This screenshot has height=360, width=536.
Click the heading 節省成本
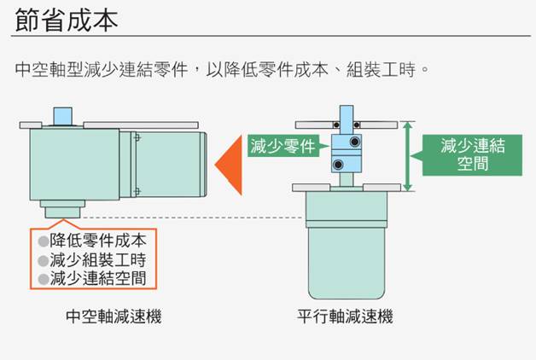coord(67,20)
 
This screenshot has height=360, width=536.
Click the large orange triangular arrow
coord(230,165)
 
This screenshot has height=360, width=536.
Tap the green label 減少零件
coord(283,146)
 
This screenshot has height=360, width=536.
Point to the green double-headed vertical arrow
coord(407,156)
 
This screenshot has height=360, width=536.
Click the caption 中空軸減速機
coord(114,316)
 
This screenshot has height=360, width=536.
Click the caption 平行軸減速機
coord(346,316)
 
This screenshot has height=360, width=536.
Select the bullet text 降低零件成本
coord(98,241)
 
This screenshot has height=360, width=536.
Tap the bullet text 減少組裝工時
coord(98,260)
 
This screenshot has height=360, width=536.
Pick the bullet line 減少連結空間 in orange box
coord(98,278)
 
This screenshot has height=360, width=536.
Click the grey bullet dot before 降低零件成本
coord(44,241)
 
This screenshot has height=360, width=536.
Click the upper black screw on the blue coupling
coord(355,141)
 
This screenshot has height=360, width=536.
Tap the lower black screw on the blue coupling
coord(338,165)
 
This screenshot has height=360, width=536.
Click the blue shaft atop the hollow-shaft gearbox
coord(63,116)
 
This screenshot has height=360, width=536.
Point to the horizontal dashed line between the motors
coord(192,218)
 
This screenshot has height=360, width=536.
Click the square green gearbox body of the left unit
coord(74,165)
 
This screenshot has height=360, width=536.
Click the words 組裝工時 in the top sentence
coord(381,69)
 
